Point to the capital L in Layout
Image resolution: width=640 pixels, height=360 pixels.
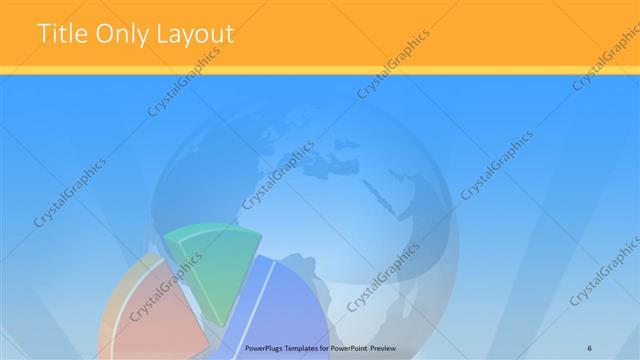[163, 34]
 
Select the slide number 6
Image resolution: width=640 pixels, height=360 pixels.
[590, 346]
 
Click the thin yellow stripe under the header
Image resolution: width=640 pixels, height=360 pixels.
[320, 69]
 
